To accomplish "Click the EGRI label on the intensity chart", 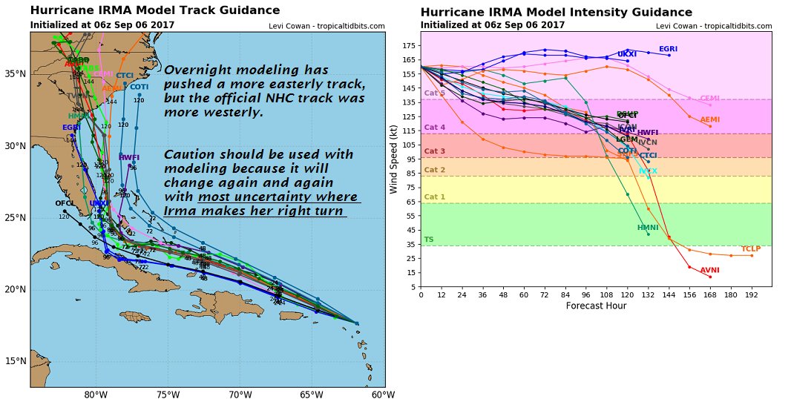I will pyautogui.click(x=669, y=49).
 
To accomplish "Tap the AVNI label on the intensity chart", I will pyautogui.click(x=710, y=271).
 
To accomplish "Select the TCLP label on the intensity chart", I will pyautogui.click(x=751, y=249).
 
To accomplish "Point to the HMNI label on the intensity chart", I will pyautogui.click(x=648, y=228).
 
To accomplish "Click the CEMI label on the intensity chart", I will pyautogui.click(x=709, y=98).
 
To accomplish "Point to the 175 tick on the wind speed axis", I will pyautogui.click(x=408, y=45).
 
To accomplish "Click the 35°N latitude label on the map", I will pyautogui.click(x=14, y=74).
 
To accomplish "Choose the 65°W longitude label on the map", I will pyautogui.click(x=311, y=394).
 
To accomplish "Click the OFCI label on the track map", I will pyautogui.click(x=64, y=203).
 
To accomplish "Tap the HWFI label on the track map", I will pyautogui.click(x=129, y=158).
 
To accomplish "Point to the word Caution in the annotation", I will pyautogui.click(x=191, y=155).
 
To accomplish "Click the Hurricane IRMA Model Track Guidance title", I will pyautogui.click(x=155, y=10).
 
